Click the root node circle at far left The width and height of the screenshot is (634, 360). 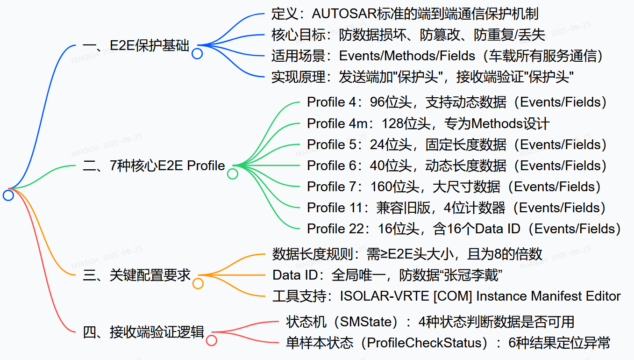[8, 195]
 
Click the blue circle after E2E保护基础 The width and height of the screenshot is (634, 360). [197, 54]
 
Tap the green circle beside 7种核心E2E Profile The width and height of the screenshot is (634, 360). [232, 174]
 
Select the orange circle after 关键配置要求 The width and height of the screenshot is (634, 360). [198, 284]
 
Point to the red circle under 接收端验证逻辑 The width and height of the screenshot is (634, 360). [212, 340]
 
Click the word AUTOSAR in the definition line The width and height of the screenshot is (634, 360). [345, 14]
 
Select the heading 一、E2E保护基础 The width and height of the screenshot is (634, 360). [136, 46]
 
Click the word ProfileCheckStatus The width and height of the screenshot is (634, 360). [424, 343]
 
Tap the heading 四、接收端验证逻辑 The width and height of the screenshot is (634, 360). [143, 332]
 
